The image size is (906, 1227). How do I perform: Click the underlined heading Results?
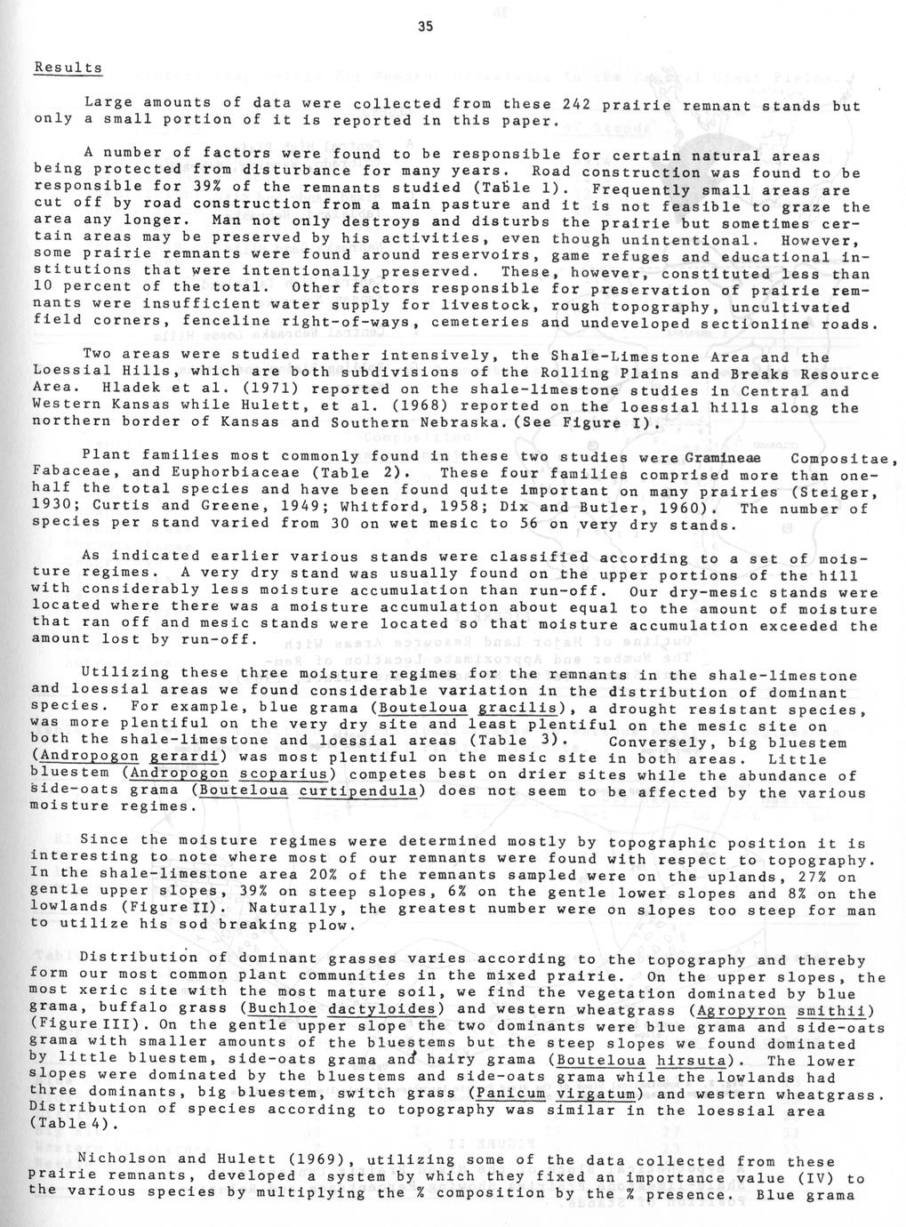[x=68, y=68]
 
